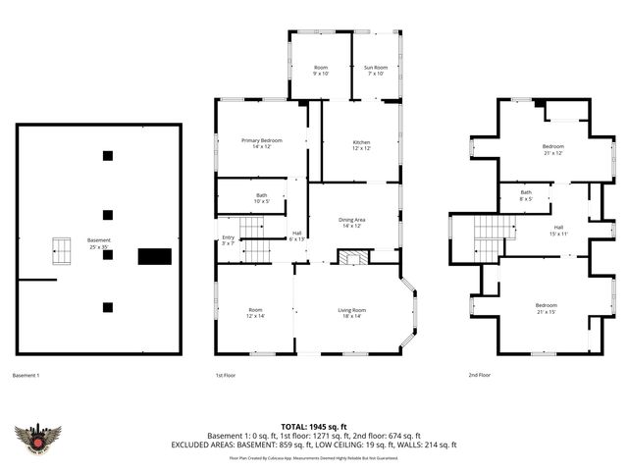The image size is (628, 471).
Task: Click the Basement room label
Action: [98, 242]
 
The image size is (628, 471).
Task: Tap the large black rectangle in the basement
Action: [154, 256]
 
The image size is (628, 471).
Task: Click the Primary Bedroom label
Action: [261, 143]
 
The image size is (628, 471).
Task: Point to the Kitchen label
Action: [361, 145]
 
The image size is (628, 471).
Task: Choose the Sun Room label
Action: [377, 70]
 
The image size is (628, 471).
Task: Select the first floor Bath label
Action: [261, 197]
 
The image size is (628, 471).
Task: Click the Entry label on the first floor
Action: [228, 239]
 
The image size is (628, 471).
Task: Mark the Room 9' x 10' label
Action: [320, 70]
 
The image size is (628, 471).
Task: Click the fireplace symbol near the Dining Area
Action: [350, 256]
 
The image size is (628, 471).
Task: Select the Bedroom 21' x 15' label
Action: [546, 308]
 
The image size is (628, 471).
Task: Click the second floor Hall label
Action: [558, 231]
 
